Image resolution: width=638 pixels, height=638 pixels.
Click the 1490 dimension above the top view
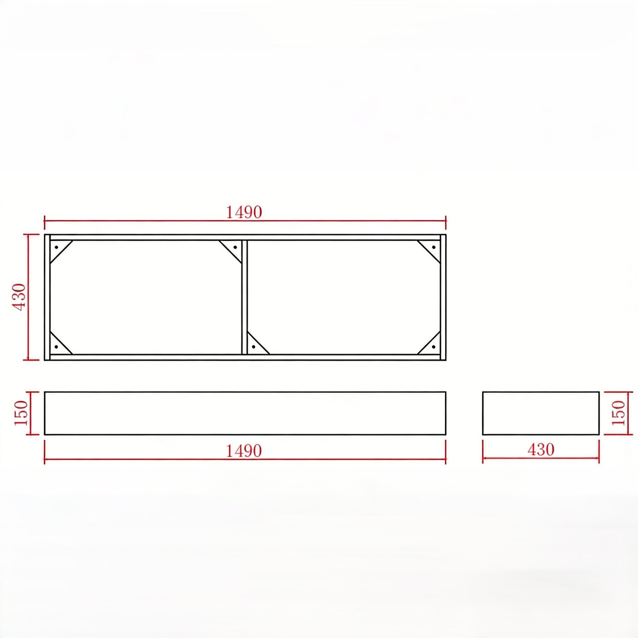[x=244, y=212]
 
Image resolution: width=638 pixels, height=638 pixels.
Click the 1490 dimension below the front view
[x=244, y=451]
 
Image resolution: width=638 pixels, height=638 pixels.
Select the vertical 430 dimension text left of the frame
[x=19, y=297]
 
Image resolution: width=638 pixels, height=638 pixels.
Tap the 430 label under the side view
[x=541, y=450]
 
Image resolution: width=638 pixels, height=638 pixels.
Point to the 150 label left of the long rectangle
[x=21, y=413]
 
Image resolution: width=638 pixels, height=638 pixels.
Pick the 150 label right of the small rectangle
[x=618, y=413]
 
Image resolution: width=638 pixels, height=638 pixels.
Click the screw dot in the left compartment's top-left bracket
[x=56, y=247]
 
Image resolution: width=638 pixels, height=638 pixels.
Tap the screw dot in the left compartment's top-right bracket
[x=235, y=247]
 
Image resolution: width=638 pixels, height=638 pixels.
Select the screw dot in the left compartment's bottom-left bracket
[x=56, y=347]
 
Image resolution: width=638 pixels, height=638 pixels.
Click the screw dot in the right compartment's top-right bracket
[x=434, y=247]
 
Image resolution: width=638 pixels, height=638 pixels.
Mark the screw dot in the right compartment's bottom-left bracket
[x=254, y=347]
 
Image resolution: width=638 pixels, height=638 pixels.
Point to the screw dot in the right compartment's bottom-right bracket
[x=434, y=347]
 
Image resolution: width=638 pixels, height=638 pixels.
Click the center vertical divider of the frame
[x=245, y=297]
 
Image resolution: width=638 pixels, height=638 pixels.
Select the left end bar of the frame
[x=47, y=297]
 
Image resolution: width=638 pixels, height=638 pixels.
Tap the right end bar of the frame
[x=443, y=297]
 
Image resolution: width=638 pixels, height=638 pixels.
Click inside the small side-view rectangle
[x=541, y=413]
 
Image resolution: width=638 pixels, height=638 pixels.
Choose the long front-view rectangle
[x=245, y=413]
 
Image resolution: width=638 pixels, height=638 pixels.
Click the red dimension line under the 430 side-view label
[x=541, y=458]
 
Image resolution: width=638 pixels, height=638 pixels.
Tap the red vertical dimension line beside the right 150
[x=628, y=413]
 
